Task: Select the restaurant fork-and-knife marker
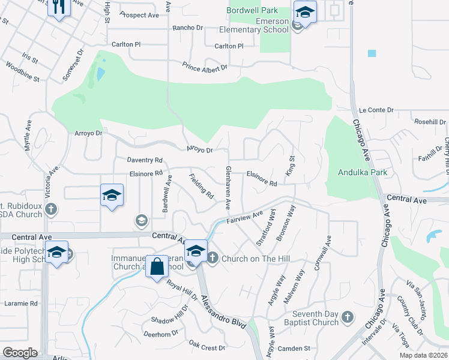click(58, 8)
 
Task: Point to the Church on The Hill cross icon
click(212, 258)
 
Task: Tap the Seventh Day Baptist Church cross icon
click(347, 316)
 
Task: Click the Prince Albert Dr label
click(205, 68)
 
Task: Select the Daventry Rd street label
click(145, 160)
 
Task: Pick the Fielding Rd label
click(202, 187)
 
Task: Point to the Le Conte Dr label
click(376, 110)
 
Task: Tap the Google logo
click(20, 353)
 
